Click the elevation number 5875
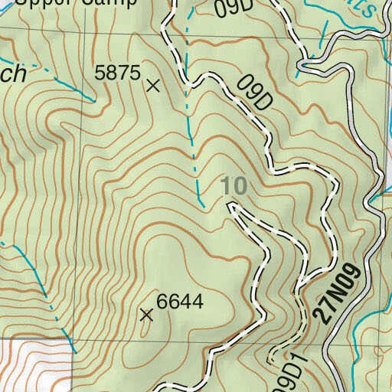coord(117,73)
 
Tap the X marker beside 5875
coord(153,86)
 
